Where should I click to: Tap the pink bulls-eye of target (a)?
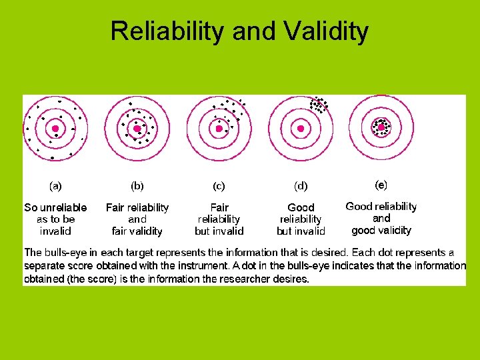[55, 128]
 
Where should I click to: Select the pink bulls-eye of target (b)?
[137, 128]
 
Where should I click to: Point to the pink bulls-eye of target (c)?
[219, 128]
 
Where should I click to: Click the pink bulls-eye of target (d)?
[301, 128]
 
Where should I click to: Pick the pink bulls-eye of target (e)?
[381, 127]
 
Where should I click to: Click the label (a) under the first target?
[55, 186]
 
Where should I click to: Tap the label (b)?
[137, 186]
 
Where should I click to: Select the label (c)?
[219, 186]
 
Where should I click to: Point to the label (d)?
[301, 186]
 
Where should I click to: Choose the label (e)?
[381, 183]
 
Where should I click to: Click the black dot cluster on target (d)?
[319, 105]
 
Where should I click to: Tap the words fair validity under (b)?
[137, 231]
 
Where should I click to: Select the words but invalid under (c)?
[219, 231]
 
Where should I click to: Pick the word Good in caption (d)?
[301, 207]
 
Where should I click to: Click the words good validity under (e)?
[381, 230]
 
